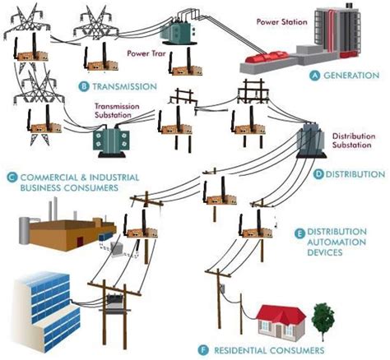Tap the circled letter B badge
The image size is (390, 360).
coord(83,86)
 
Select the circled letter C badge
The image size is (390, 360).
coord(12,176)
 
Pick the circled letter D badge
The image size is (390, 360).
coord(319,174)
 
